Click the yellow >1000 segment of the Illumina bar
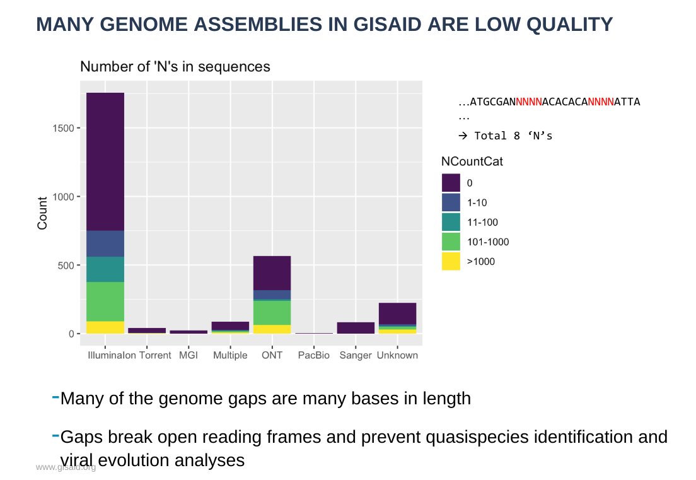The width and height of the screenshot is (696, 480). pyautogui.click(x=105, y=327)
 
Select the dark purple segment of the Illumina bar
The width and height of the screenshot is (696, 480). pyautogui.click(x=105, y=161)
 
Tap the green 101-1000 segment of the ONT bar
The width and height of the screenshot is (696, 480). pyautogui.click(x=272, y=312)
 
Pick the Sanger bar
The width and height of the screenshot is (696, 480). pyautogui.click(x=356, y=327)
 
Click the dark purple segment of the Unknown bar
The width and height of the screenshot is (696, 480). pyautogui.click(x=397, y=313)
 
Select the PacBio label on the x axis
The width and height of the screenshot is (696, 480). pyautogui.click(x=314, y=356)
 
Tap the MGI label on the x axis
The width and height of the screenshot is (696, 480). pyautogui.click(x=188, y=356)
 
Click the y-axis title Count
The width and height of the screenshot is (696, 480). pyautogui.click(x=43, y=213)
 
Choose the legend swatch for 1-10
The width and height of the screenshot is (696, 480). pyautogui.click(x=451, y=202)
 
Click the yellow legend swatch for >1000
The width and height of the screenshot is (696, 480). pyautogui.click(x=451, y=261)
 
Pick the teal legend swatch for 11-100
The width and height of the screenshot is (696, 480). pyautogui.click(x=451, y=222)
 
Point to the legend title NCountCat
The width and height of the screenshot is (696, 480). pyautogui.click(x=472, y=162)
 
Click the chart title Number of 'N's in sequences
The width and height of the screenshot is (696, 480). pyautogui.click(x=175, y=67)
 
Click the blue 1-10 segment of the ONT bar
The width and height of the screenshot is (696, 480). pyautogui.click(x=272, y=295)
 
